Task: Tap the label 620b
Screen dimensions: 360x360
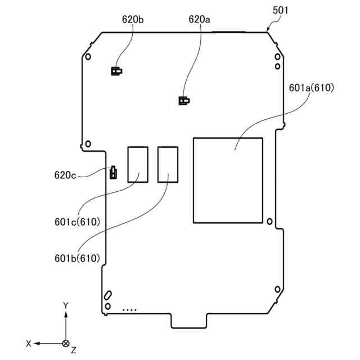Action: [x=133, y=19]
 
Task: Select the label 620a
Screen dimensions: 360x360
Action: [x=199, y=19]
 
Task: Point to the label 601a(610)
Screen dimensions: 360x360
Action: [x=311, y=88]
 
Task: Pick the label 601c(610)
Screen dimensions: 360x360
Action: [x=78, y=222]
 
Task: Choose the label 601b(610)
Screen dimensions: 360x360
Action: [x=77, y=258]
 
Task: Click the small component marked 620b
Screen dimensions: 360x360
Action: [x=115, y=71]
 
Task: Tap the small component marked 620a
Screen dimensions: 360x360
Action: [x=183, y=101]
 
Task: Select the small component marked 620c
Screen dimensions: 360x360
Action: [x=113, y=172]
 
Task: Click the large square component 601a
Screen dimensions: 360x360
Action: [x=228, y=179]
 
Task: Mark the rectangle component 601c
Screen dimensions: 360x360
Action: [x=138, y=164]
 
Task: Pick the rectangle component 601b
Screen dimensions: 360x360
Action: [x=168, y=164]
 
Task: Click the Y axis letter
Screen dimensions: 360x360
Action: [x=66, y=305]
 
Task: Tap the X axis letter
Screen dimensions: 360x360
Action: [x=28, y=343]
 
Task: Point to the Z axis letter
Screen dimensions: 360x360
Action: [x=74, y=350]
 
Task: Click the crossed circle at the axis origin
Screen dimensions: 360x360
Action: [x=66, y=343]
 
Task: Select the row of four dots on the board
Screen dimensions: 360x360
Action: [x=129, y=309]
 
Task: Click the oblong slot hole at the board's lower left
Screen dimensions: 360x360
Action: [x=107, y=295]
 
